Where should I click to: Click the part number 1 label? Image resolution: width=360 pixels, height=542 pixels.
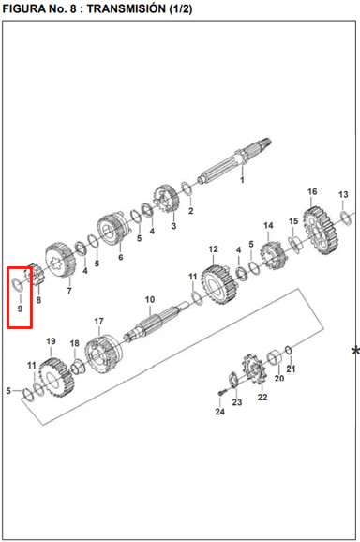(x=242, y=180)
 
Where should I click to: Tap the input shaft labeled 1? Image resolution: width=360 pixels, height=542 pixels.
(x=234, y=160)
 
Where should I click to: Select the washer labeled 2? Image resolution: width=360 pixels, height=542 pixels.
(x=187, y=188)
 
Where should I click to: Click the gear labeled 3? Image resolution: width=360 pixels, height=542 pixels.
(x=167, y=200)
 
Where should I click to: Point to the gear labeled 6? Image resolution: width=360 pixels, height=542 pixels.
(x=112, y=229)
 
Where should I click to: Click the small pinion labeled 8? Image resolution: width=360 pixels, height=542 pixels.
(x=35, y=275)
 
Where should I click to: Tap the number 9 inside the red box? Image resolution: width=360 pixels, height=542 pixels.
(x=20, y=309)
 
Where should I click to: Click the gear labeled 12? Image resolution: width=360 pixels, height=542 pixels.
(x=219, y=284)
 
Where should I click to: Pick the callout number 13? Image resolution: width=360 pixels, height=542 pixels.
(x=343, y=195)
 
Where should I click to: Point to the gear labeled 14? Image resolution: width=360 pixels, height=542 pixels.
(x=274, y=256)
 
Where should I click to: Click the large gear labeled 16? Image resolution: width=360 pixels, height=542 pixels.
(x=321, y=231)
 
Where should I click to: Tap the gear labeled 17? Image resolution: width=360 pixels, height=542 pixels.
(x=104, y=354)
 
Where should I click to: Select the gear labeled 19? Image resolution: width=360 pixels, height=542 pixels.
(x=56, y=378)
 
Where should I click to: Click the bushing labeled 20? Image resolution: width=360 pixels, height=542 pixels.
(x=275, y=358)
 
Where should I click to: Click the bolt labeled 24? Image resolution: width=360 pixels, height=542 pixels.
(x=222, y=392)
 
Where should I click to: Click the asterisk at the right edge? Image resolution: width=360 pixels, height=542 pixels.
(x=355, y=351)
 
